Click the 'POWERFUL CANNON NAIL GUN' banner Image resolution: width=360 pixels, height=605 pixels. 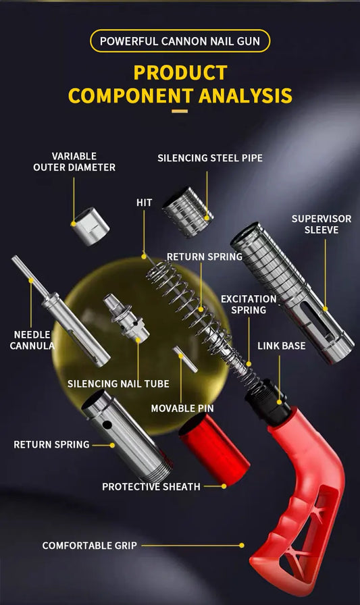click(180, 41)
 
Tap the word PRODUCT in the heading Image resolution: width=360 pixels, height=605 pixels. click(180, 72)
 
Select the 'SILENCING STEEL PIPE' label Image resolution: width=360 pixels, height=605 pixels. click(210, 158)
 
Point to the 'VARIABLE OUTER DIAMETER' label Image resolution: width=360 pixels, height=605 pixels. click(74, 161)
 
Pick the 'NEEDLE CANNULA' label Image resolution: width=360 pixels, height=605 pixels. click(32, 340)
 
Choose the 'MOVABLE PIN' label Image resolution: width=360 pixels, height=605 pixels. click(182, 408)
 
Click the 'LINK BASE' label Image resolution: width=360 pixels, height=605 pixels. click(281, 346)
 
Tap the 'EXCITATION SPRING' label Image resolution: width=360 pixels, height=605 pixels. click(249, 305)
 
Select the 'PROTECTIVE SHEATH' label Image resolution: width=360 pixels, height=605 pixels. click(151, 486)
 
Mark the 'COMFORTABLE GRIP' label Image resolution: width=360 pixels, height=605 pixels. click(90, 545)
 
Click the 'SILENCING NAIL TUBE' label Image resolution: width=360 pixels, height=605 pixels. click(118, 384)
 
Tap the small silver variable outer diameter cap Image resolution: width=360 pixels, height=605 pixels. click(91, 226)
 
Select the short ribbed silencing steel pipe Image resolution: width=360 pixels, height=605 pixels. click(187, 211)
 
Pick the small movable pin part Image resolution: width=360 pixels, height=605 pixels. click(185, 359)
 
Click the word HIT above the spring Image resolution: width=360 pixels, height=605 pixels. click(144, 203)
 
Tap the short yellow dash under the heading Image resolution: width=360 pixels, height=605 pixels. click(180, 111)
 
